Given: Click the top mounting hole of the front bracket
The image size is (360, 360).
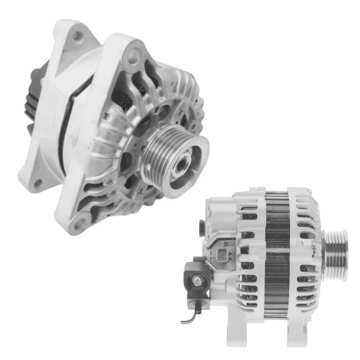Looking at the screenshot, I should [x=137, y=56].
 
